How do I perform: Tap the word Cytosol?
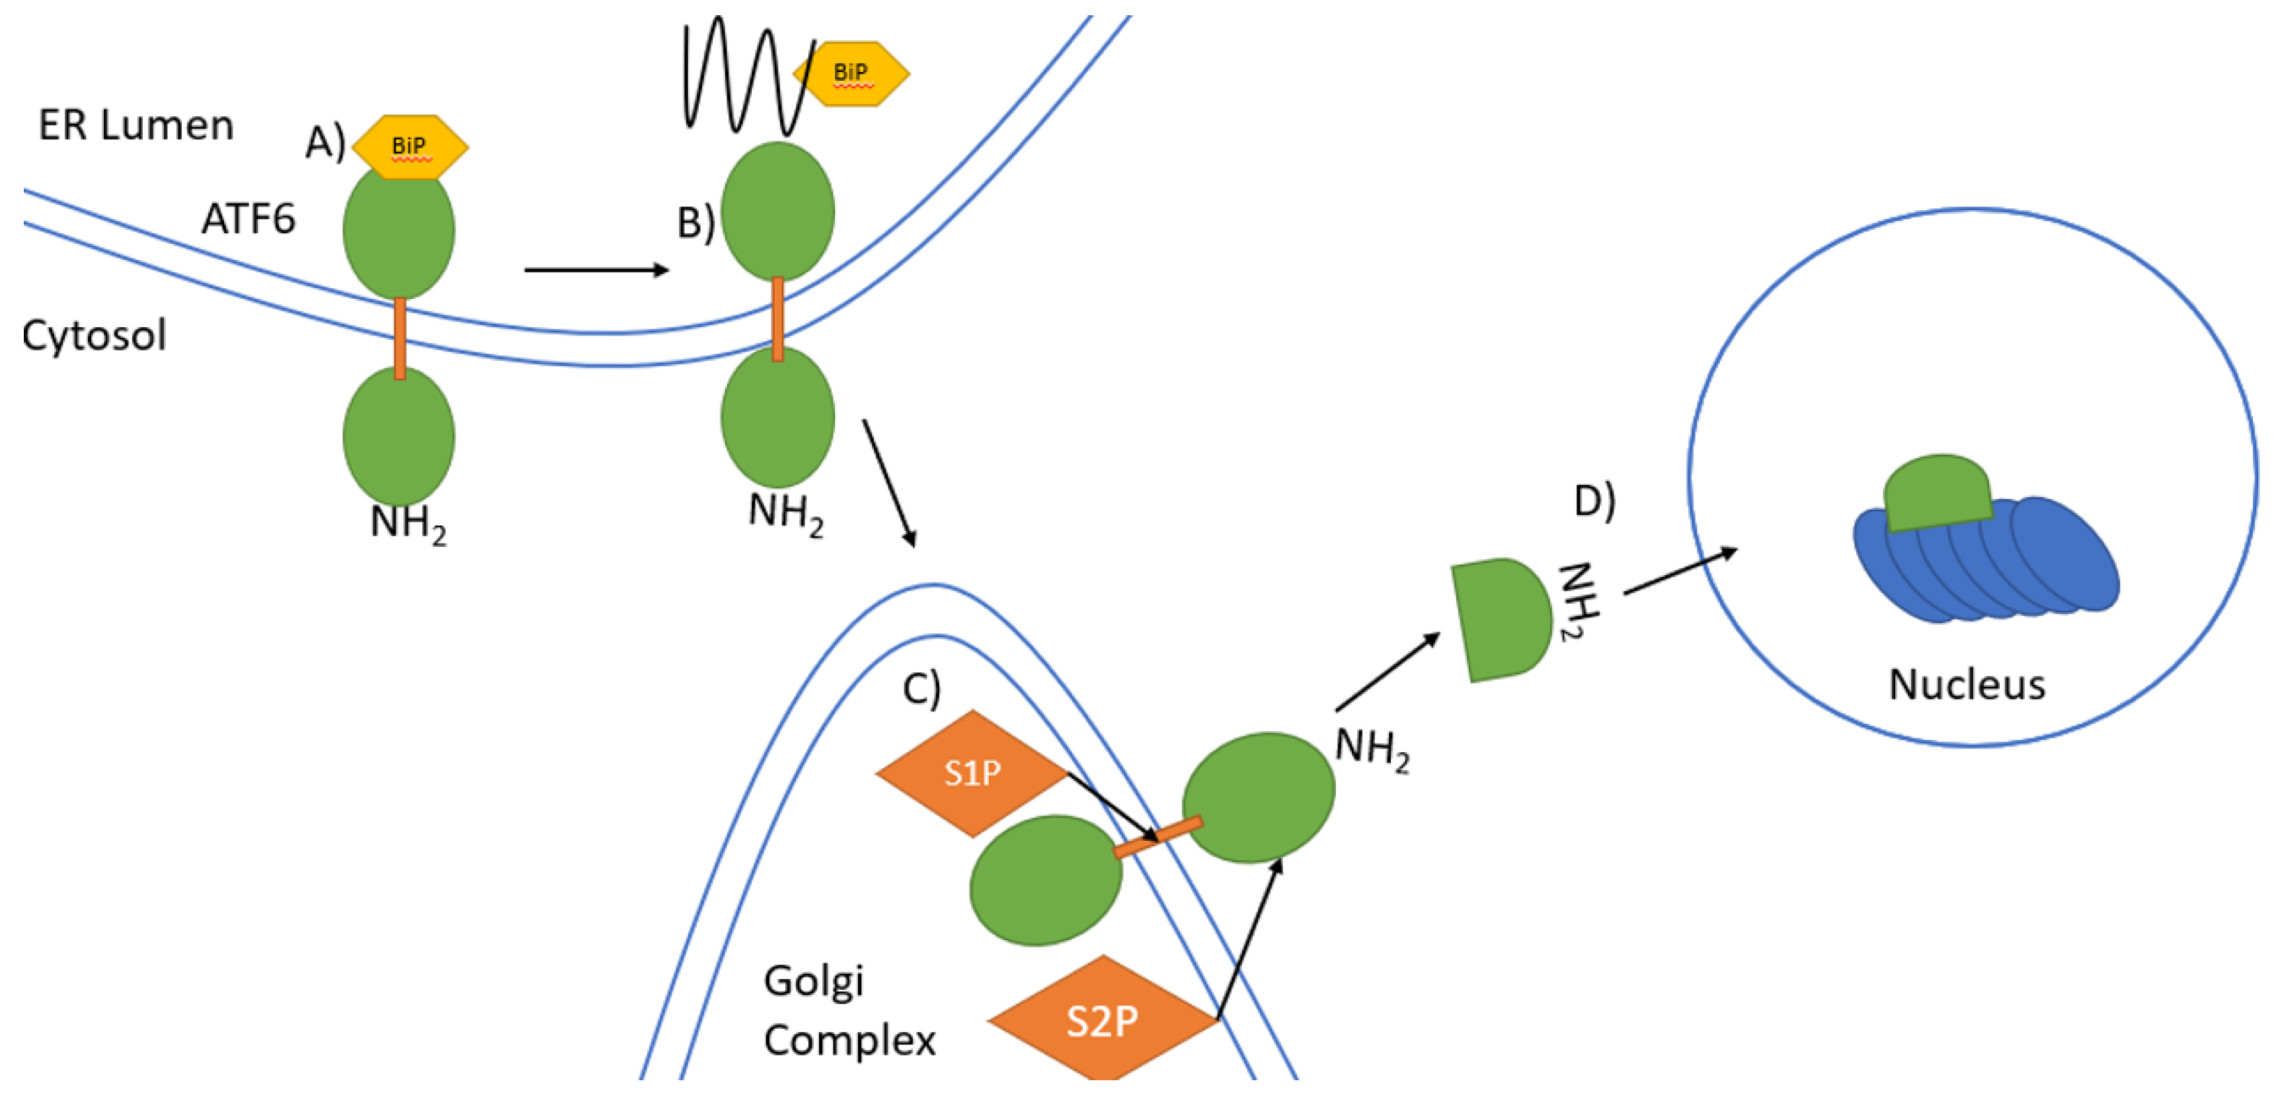point(94,336)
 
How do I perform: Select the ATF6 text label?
point(249,219)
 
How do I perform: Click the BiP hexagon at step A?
point(410,147)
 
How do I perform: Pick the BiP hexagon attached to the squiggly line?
point(851,73)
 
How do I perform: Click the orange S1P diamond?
point(972,773)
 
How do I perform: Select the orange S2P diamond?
point(1102,1021)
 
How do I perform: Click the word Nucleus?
point(1967,685)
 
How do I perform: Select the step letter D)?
point(1594,501)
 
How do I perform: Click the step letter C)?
point(922,689)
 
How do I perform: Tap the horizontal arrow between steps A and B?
point(596,270)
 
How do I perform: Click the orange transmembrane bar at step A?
point(400,338)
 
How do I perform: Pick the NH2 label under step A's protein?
point(408,523)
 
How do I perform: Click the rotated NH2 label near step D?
point(1578,601)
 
